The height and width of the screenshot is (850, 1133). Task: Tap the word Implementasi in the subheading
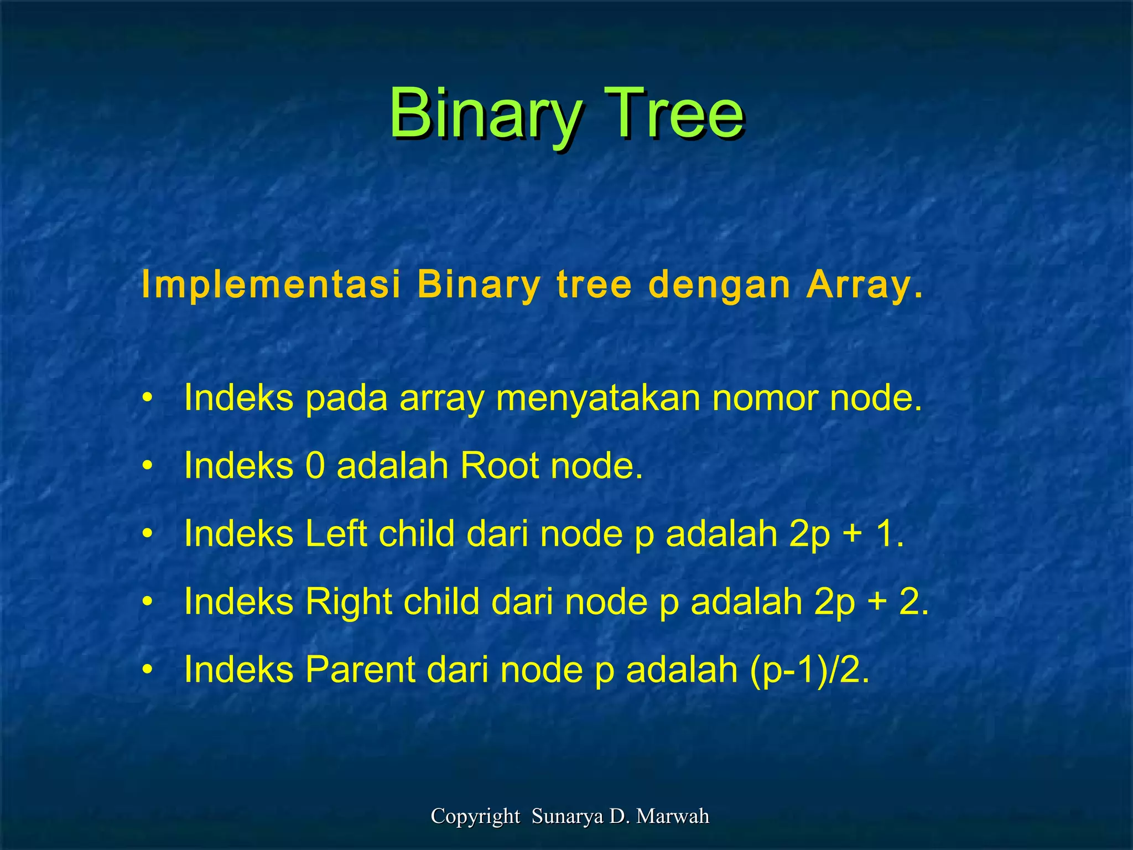(x=271, y=285)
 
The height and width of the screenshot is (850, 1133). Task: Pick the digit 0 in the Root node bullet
(x=315, y=466)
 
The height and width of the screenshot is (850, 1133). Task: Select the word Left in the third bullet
(x=336, y=534)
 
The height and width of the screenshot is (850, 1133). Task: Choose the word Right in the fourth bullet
(x=349, y=602)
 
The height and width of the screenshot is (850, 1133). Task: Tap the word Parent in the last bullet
(x=360, y=670)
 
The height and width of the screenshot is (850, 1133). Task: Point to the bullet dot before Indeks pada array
(x=147, y=399)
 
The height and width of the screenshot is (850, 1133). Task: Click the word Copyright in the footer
(x=475, y=816)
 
